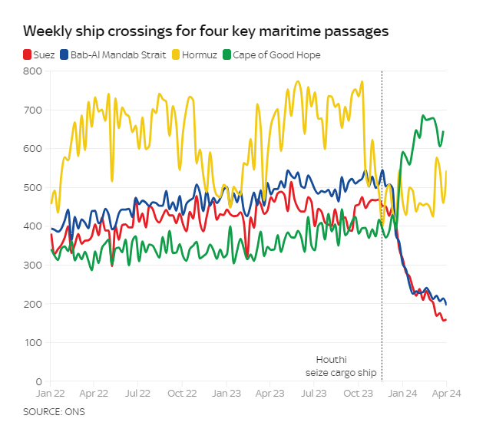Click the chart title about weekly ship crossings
(x=205, y=32)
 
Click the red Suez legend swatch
(x=27, y=55)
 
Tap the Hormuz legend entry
(x=196, y=55)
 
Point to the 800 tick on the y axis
(x=31, y=71)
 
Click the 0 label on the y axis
(x=37, y=381)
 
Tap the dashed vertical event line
(x=382, y=230)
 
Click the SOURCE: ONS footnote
(x=54, y=412)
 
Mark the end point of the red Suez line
(x=446, y=319)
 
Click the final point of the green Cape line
(x=444, y=132)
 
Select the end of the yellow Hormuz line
(x=447, y=171)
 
